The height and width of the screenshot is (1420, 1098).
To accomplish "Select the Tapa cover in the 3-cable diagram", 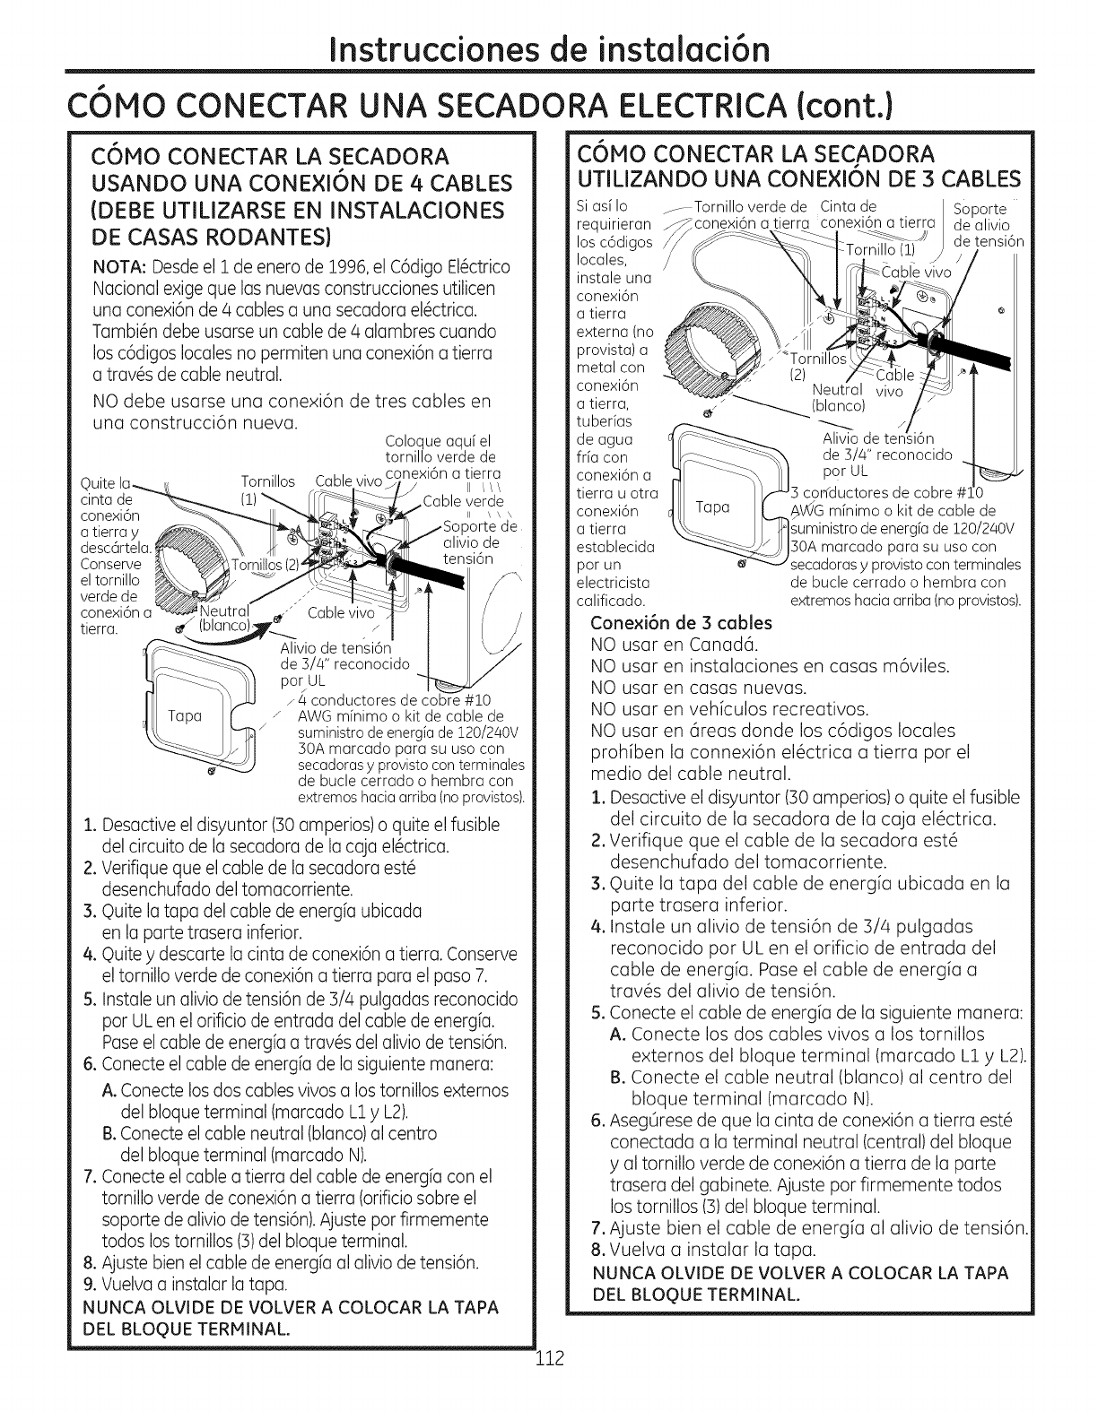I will pos(714,507).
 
